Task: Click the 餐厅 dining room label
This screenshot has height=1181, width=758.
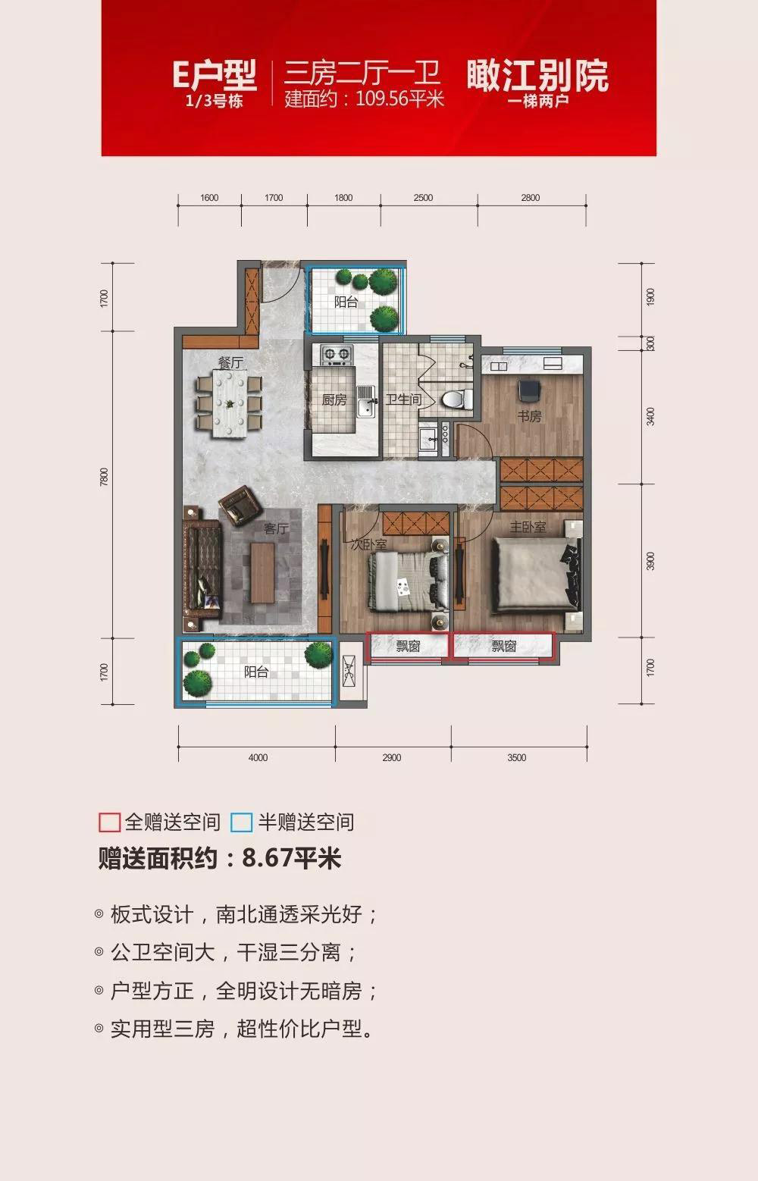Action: click(x=230, y=363)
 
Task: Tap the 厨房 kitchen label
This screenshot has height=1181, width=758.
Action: click(x=334, y=400)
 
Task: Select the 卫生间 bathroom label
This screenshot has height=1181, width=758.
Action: click(x=404, y=399)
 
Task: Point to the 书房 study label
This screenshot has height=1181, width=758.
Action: click(x=529, y=416)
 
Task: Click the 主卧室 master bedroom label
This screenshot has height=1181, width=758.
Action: click(x=528, y=527)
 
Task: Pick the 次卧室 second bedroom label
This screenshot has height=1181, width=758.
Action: click(x=369, y=544)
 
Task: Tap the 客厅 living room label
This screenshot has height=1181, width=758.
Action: click(x=276, y=528)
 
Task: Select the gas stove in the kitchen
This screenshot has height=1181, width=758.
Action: click(x=337, y=354)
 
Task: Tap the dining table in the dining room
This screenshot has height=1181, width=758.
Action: click(x=230, y=403)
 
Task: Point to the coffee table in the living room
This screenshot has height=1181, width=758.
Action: click(x=262, y=572)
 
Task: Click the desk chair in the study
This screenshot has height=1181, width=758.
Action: click(x=530, y=390)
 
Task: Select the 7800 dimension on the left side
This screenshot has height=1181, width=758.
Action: click(x=104, y=477)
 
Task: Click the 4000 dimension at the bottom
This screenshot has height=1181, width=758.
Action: click(x=258, y=757)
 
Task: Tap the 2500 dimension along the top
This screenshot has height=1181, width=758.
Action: click(x=423, y=198)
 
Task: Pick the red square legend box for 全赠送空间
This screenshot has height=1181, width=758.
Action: click(x=110, y=822)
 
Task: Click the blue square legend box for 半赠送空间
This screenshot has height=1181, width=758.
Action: click(x=242, y=822)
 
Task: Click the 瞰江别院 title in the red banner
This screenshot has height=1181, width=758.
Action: click(x=537, y=75)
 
